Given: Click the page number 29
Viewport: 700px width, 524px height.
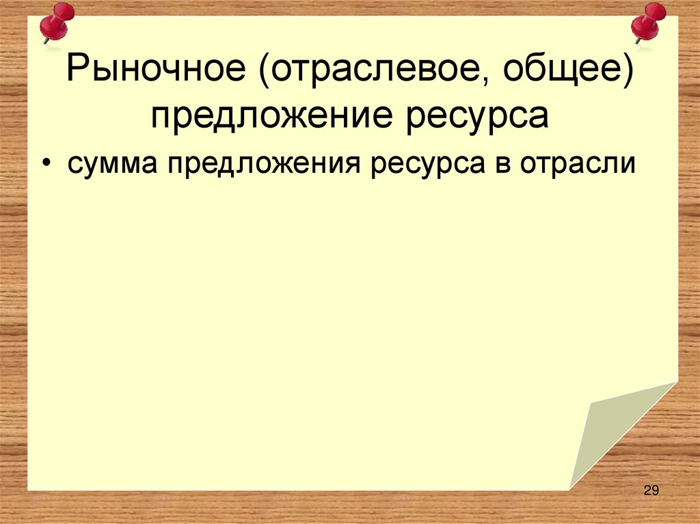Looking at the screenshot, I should [650, 491].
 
